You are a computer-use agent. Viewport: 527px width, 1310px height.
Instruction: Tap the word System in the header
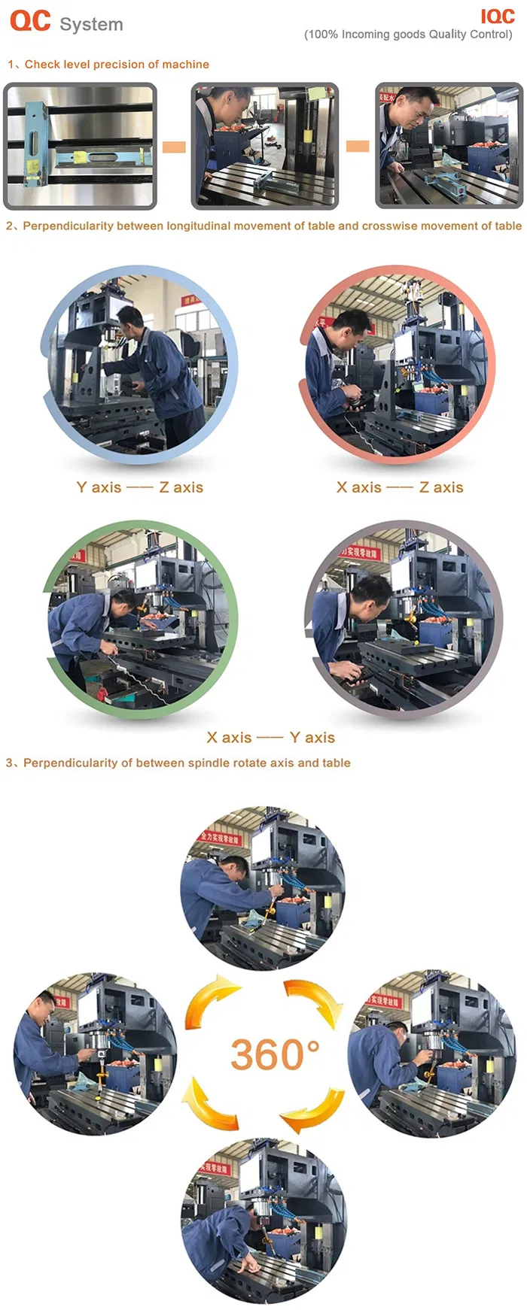(x=91, y=25)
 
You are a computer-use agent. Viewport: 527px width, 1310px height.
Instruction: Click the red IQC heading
(x=497, y=17)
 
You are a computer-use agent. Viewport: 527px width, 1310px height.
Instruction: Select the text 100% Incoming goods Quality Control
(x=408, y=35)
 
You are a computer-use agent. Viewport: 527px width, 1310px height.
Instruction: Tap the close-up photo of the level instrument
(x=80, y=146)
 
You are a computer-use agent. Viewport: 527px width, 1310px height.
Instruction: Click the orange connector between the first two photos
(x=174, y=147)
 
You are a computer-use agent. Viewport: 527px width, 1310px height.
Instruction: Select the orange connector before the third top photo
(x=358, y=146)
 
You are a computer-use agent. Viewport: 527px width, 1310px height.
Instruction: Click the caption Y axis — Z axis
(x=140, y=487)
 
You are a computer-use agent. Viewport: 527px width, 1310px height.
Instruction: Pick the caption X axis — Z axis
(x=400, y=487)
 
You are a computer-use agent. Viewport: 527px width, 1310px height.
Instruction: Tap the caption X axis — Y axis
(x=271, y=738)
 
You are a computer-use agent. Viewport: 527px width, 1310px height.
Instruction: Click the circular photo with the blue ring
(x=139, y=365)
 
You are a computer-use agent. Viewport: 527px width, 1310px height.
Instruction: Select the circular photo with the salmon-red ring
(x=398, y=365)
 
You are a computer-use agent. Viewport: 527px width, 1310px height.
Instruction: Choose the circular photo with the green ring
(x=140, y=620)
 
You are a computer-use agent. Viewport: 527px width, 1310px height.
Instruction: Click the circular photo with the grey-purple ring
(x=404, y=620)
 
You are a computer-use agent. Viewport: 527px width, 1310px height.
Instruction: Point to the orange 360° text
(x=275, y=1054)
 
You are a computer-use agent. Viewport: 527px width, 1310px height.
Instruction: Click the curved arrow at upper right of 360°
(x=315, y=1001)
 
